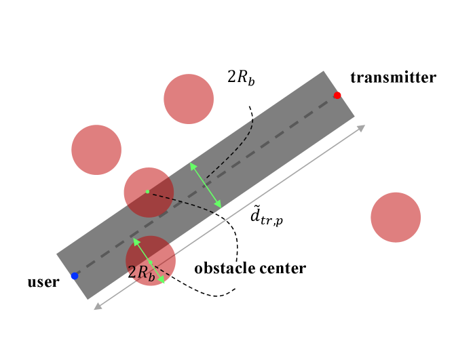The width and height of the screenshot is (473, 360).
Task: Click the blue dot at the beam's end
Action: [x=75, y=276]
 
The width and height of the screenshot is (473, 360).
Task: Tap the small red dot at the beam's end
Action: [x=337, y=96]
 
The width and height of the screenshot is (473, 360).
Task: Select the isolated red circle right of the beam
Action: [x=396, y=217]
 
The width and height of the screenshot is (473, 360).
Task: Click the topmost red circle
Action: [x=189, y=99]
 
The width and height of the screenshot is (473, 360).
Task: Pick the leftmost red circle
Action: [x=96, y=150]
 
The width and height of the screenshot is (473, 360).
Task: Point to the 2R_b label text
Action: [x=141, y=273]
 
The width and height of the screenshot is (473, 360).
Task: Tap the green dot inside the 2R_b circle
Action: [x=150, y=262]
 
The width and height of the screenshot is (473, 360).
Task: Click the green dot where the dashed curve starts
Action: [x=147, y=192]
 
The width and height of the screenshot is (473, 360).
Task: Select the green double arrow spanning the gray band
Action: [x=206, y=185]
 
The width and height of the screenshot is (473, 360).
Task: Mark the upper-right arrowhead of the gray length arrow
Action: [x=362, y=127]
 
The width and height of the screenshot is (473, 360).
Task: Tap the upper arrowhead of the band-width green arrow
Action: [x=193, y=165]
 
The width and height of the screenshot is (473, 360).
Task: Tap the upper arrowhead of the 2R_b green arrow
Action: [x=136, y=241]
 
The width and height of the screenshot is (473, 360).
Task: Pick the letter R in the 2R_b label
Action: [x=143, y=273]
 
